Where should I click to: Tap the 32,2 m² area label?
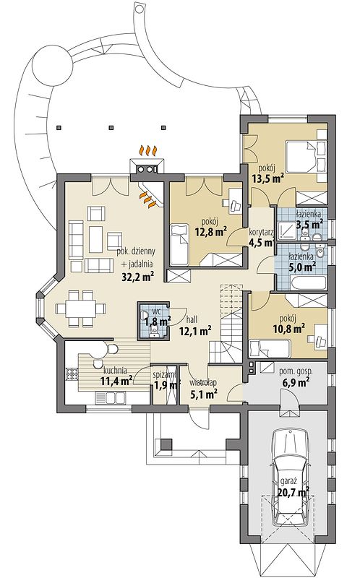coord(137,277)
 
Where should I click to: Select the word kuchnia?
coord(116,371)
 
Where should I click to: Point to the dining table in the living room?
coord(81,308)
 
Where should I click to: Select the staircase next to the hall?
coord(226,324)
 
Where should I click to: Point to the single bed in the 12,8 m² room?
coord(179,243)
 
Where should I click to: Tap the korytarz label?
coord(261,232)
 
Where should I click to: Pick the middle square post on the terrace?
coord(111,128)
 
